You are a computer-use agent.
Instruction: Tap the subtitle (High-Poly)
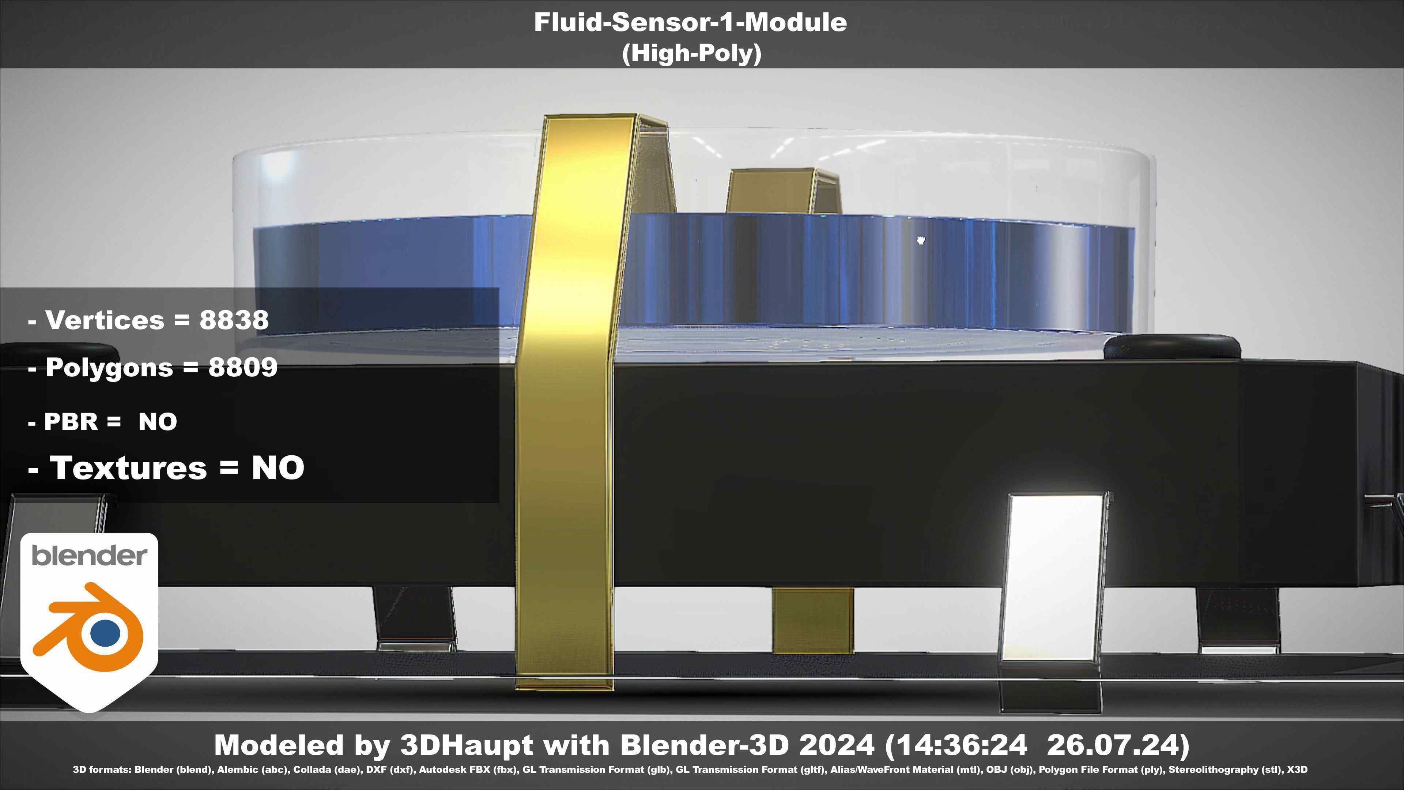[x=691, y=53]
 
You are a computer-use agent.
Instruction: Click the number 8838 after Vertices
[x=234, y=320]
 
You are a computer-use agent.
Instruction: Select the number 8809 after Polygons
[x=243, y=368]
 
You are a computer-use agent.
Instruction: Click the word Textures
[x=128, y=468]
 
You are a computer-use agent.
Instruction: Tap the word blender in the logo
[x=89, y=556]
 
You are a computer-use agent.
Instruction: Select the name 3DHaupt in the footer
[x=466, y=745]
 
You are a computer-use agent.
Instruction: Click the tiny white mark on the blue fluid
[x=921, y=240]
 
